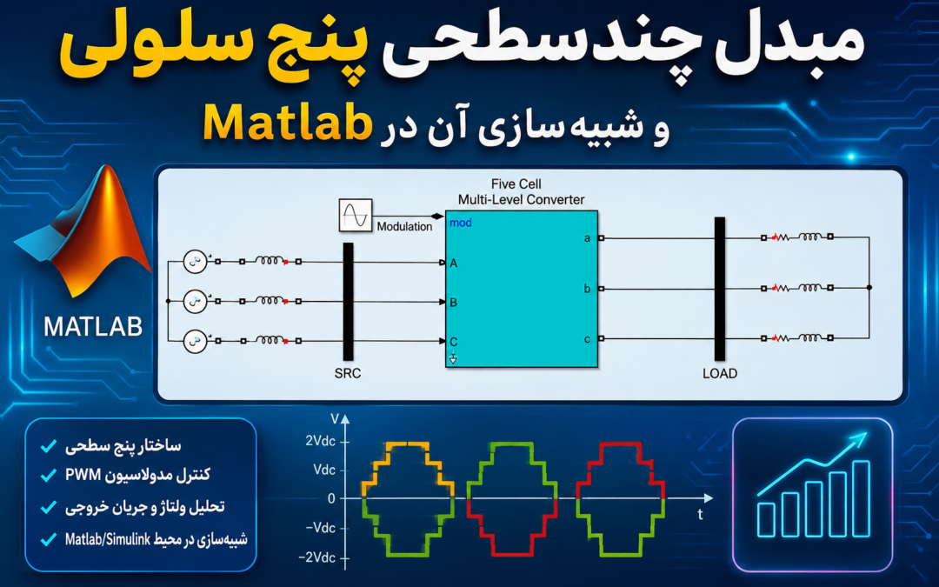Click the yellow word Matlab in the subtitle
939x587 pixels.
coord(287,123)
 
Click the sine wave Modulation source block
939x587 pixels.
coord(355,215)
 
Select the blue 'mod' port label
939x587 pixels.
coord(461,223)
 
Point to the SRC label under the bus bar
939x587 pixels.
coord(347,373)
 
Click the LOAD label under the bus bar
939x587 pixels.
coord(720,373)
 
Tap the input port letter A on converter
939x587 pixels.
coord(453,263)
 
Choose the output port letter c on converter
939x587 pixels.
coord(587,339)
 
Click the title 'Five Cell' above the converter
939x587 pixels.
coord(516,183)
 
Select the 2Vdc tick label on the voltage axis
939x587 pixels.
coord(320,441)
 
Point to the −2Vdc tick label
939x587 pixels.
coord(316,557)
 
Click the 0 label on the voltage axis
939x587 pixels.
coord(331,498)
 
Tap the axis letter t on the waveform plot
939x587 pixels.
coord(699,514)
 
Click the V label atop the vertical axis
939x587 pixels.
coord(334,418)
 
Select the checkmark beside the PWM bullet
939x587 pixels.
coord(48,476)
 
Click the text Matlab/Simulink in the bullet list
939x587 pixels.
coord(107,539)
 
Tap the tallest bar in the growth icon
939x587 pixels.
coord(861,498)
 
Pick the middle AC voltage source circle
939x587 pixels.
coord(195,301)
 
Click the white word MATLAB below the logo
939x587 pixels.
coord(93,327)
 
